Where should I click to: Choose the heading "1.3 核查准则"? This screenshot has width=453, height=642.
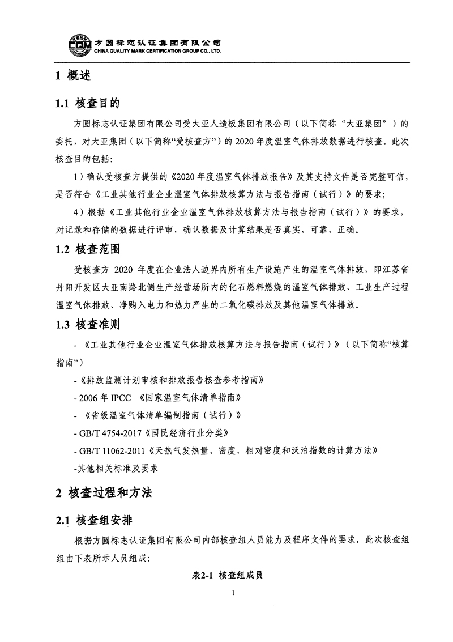coord(87,325)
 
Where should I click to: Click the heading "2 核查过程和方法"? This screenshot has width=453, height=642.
coord(104,493)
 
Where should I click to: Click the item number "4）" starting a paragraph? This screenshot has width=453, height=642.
coord(80,212)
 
